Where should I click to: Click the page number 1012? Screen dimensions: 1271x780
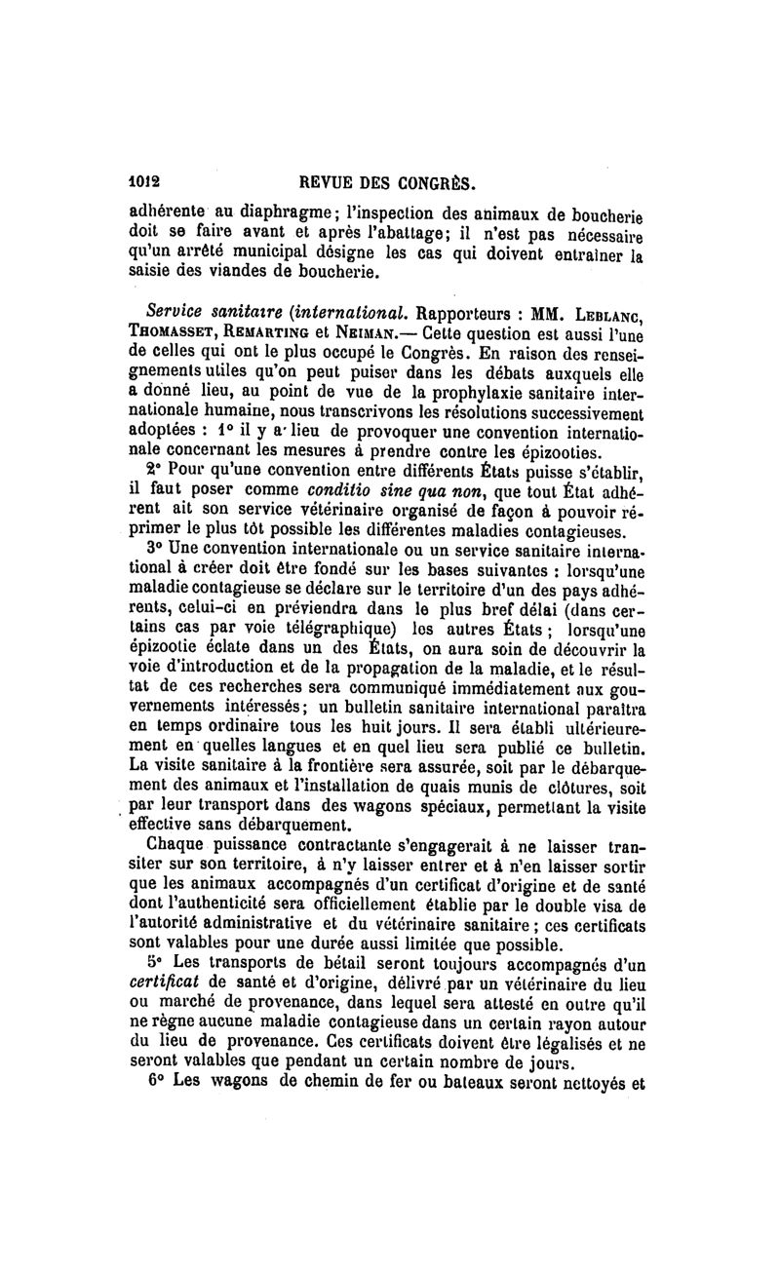(147, 181)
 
